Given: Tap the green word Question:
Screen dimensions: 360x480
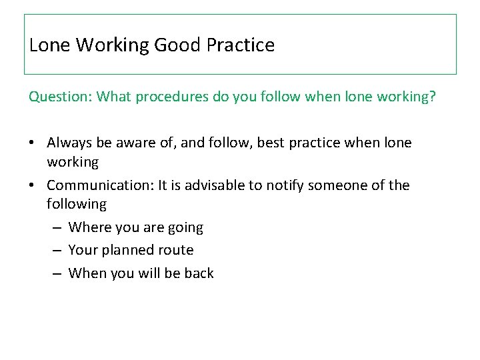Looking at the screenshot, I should click(x=61, y=97).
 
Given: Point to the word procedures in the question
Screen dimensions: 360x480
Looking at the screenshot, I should click(x=173, y=97).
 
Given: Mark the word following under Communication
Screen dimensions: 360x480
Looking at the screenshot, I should click(x=77, y=205).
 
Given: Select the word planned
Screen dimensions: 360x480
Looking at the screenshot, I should click(x=129, y=250).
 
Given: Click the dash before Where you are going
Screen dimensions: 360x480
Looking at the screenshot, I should click(x=56, y=228).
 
